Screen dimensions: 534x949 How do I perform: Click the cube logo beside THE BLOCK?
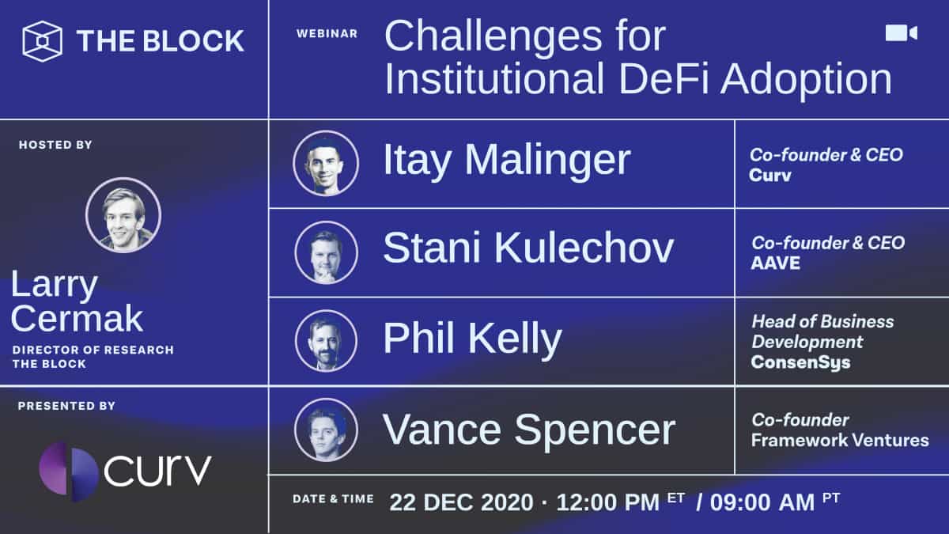coord(42,41)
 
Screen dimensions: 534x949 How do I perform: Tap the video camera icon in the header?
coord(901,32)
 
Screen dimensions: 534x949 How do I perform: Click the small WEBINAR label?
coord(327,34)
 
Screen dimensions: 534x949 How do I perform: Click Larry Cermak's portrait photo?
coord(123,214)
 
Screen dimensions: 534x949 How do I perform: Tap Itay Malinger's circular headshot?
coord(326,163)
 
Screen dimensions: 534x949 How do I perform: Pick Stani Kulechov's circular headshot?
coord(326,252)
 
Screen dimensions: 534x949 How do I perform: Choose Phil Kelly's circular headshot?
coord(326,341)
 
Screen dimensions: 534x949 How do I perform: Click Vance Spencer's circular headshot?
coord(326,430)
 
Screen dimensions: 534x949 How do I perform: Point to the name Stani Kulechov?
coord(527,248)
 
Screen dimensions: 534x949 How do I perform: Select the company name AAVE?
coord(775,263)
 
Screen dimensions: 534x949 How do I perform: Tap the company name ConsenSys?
coord(800,362)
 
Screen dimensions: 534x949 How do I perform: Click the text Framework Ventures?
coord(840,440)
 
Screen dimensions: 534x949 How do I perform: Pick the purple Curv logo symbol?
coord(69,472)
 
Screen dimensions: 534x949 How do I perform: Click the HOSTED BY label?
coord(55,145)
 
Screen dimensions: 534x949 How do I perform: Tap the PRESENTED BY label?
coord(66,406)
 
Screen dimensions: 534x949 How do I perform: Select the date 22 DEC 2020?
coord(460,502)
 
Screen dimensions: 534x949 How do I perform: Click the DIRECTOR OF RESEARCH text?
coord(93,350)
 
